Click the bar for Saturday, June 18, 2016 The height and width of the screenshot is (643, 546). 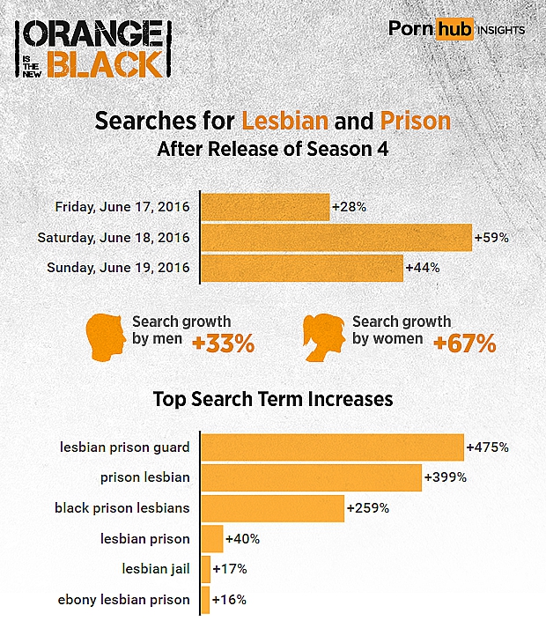tap(336, 237)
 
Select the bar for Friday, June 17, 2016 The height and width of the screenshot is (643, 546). tap(265, 207)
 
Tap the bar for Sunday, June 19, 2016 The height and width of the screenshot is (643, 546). tap(301, 267)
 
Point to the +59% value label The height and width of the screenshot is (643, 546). tap(491, 237)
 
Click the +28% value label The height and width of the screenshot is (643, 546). tap(349, 207)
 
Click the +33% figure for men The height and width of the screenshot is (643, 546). tap(223, 344)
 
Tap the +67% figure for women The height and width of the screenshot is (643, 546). tap(464, 344)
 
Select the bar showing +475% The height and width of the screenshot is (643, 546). tap(332, 447)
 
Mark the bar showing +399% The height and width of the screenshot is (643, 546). tap(311, 477)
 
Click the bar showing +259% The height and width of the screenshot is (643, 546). tap(272, 508)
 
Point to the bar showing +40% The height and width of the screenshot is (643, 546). tap(212, 538)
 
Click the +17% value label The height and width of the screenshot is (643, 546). tap(230, 569)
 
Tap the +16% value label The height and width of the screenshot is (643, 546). tap(229, 600)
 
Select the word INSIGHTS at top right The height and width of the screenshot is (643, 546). tap(501, 30)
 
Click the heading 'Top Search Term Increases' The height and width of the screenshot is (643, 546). tap(273, 399)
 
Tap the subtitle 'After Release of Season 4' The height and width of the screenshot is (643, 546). tap(273, 149)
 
